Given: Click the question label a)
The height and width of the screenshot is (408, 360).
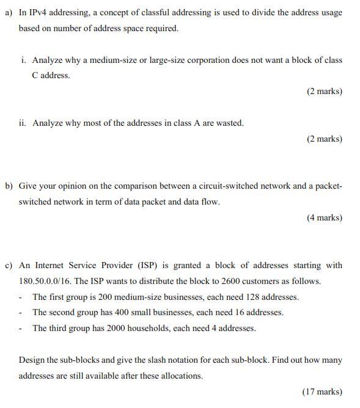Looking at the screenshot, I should point(9,12).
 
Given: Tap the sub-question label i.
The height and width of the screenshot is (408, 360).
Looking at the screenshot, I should point(23,60).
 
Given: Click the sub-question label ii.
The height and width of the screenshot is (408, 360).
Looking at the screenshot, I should point(23,123).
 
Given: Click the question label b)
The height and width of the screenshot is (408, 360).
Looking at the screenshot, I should point(9,186).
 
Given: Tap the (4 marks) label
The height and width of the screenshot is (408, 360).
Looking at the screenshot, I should point(324,217).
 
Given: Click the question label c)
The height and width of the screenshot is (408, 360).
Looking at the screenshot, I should point(9,265).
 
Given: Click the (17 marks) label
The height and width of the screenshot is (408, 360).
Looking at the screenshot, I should point(322,392).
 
